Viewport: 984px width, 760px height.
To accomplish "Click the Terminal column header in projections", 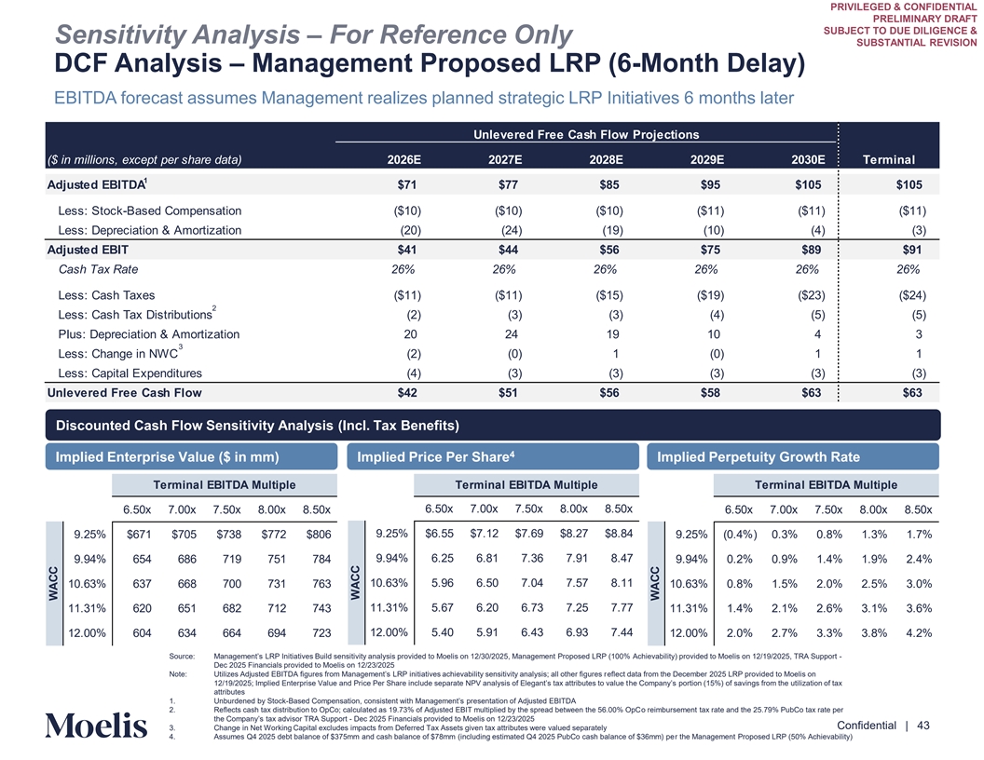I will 889,159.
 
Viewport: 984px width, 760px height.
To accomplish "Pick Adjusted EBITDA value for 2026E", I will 406,183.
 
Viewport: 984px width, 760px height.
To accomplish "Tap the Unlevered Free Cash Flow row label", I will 124,392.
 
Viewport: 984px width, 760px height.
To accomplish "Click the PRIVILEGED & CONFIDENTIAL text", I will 905,7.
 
